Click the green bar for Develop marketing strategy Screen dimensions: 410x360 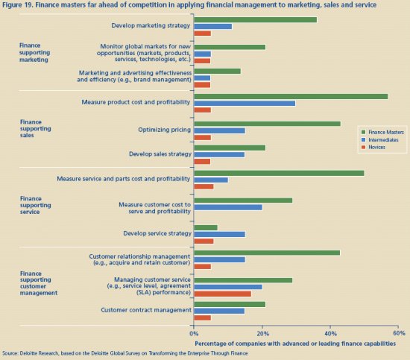[x=256, y=20]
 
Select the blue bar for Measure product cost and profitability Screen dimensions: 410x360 [x=245, y=104]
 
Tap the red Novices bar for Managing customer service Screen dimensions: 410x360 [x=223, y=294]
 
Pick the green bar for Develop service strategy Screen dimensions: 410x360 [x=206, y=228]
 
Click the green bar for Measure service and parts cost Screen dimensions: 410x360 [x=279, y=173]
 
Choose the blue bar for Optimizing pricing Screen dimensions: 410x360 [x=220, y=130]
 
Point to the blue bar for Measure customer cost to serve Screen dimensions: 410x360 [x=228, y=207]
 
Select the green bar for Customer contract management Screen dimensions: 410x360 [x=230, y=304]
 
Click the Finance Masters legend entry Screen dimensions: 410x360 [x=382, y=132]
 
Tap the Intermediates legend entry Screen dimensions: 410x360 [x=379, y=140]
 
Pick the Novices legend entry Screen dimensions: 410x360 [x=373, y=147]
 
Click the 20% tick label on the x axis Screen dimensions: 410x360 [x=262, y=333]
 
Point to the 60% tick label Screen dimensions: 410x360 [x=399, y=333]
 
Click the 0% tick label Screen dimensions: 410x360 [x=194, y=333]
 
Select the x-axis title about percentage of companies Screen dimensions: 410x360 [x=295, y=344]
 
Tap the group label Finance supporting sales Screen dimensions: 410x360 [x=35, y=129]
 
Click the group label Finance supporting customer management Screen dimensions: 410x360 [x=39, y=283]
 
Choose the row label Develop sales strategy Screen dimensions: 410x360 [x=160, y=154]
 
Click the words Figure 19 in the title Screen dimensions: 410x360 [x=17, y=4]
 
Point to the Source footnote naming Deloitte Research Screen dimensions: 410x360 [x=125, y=353]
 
